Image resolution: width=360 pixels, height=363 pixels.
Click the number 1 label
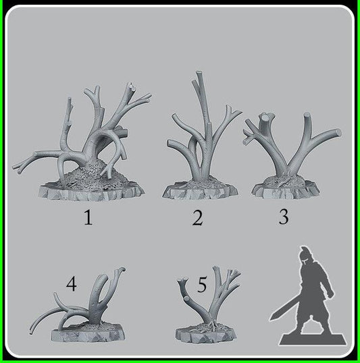coord(88,219)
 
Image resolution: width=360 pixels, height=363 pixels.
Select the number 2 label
coord(197,218)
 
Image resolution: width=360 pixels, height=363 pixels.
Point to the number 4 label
coord(72,285)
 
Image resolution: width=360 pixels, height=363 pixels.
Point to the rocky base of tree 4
coord(88,332)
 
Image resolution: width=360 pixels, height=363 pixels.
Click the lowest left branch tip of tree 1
coord(15,166)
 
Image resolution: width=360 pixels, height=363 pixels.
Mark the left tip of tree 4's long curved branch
coord(34,331)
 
